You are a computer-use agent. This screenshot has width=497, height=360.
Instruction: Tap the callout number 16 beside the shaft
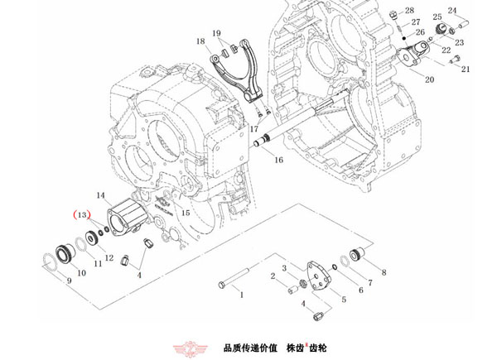pos(278,160)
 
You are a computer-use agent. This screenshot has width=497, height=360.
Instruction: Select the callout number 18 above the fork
pos(200,41)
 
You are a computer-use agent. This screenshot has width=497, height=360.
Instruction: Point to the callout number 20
pos(429,79)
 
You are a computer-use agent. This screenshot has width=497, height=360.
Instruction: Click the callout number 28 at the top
pos(409,11)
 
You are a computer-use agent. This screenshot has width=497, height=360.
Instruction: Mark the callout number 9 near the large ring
pos(69,282)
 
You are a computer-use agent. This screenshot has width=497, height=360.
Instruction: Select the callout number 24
pos(452,11)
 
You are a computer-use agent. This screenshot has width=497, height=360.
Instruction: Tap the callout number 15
pos(186,213)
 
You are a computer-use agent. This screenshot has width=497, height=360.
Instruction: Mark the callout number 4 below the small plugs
pos(139,274)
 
